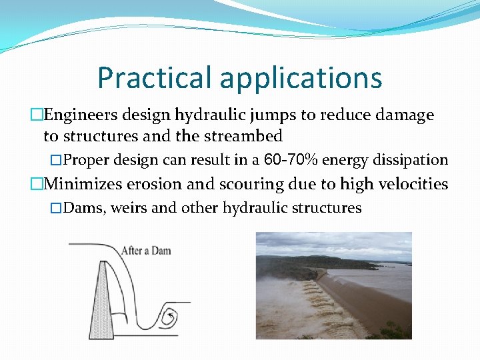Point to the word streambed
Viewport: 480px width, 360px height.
[242, 136]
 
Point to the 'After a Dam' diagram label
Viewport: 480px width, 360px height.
[145, 251]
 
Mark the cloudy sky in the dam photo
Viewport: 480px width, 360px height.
[333, 243]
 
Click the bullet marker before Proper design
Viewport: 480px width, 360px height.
[56, 161]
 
